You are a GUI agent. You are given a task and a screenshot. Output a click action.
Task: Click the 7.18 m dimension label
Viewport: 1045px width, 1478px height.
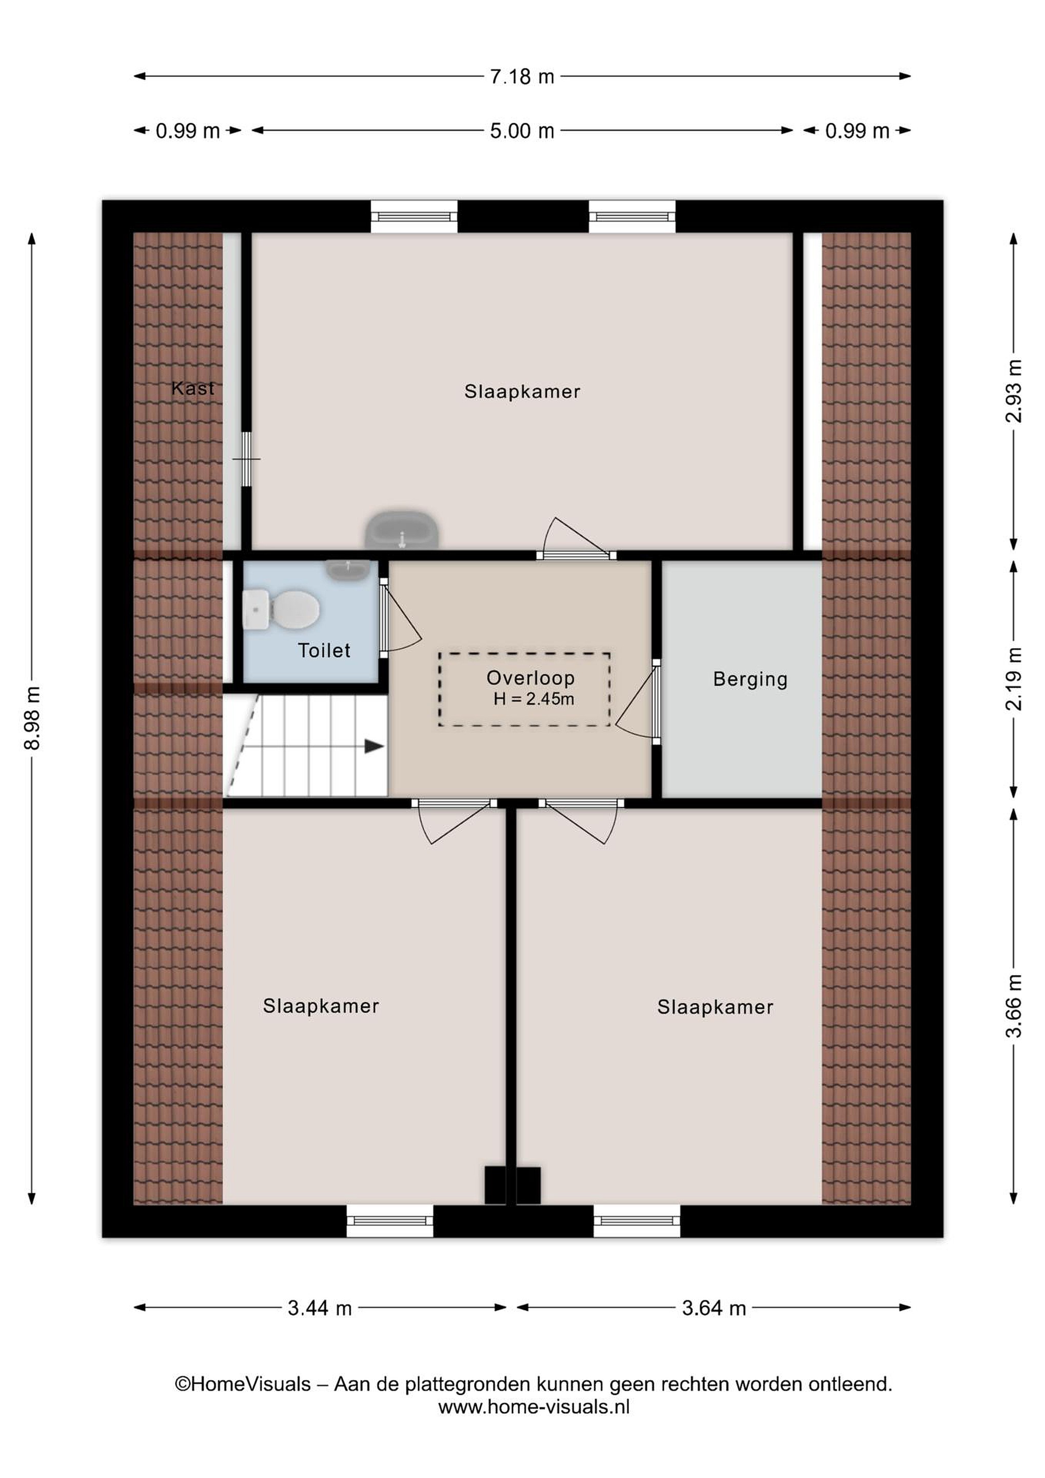click(x=522, y=76)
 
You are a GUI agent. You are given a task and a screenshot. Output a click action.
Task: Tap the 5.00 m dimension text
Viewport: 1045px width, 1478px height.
click(x=522, y=131)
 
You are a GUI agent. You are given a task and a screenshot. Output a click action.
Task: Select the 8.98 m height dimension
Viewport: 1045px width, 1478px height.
click(x=32, y=718)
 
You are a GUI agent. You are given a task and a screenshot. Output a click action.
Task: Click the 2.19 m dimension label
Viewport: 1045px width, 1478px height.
click(x=1014, y=678)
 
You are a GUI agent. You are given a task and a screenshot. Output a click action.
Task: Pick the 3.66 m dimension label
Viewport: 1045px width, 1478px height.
click(x=1014, y=1006)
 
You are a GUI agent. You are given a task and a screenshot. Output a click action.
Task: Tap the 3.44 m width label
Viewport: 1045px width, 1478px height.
click(x=320, y=1308)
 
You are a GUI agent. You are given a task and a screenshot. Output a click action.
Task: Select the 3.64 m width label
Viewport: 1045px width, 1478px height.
click(x=714, y=1308)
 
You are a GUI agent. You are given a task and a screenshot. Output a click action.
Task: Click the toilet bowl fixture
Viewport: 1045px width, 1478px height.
click(x=281, y=609)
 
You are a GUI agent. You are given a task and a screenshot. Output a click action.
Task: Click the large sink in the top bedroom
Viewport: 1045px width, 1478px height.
click(x=402, y=529)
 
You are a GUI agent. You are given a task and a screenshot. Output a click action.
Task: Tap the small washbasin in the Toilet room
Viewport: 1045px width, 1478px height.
click(x=348, y=569)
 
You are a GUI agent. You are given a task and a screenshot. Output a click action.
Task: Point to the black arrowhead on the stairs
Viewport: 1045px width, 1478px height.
click(x=374, y=746)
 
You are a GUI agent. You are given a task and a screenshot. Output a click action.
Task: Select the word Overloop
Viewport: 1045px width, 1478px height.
click(x=530, y=678)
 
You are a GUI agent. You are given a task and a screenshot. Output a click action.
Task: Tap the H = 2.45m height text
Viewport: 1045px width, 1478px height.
click(x=534, y=699)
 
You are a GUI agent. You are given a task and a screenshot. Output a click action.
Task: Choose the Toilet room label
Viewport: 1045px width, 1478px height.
click(x=324, y=650)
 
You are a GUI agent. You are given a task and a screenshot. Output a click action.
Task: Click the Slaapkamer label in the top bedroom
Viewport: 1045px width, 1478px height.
click(x=522, y=392)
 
